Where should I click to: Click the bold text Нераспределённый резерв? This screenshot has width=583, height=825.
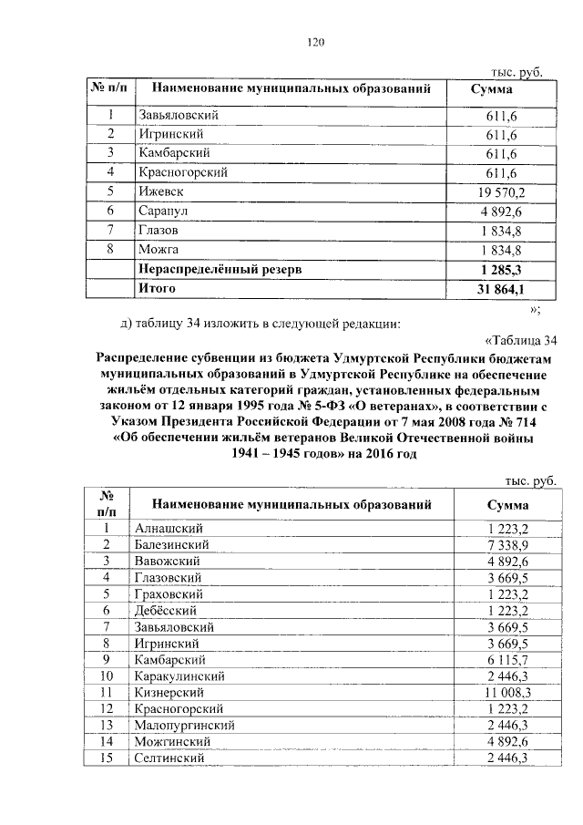coord(219,270)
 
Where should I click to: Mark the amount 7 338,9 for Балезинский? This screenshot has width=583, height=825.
coord(507,544)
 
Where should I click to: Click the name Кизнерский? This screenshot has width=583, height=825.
coord(171,693)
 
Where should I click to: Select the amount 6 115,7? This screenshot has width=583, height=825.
coord(507,659)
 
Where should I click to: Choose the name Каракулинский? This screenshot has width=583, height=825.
coord(181,676)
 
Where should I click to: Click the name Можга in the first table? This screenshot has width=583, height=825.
coord(158,250)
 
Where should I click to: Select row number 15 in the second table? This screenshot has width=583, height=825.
coord(107,758)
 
